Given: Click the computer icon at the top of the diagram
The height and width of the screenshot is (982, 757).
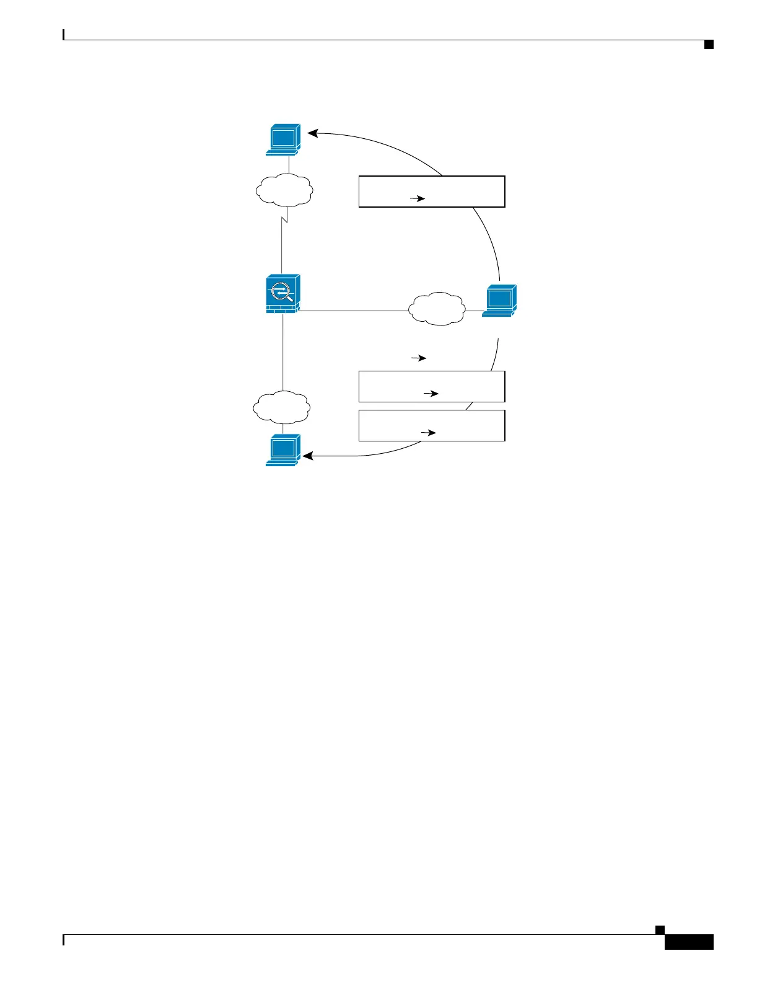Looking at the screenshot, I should point(283,139).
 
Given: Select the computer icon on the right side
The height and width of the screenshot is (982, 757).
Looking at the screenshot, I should point(499,301).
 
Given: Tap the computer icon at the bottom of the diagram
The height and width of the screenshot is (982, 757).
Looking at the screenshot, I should point(283,450).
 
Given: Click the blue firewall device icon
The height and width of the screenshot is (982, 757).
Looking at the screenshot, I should point(282,294).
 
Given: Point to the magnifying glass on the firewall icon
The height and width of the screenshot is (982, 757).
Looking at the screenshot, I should point(281,291).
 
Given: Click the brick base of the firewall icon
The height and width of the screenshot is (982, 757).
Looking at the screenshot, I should point(282,308).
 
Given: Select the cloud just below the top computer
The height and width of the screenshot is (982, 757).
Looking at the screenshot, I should point(283,189).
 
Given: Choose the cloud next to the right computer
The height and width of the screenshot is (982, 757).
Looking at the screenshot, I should point(437,309).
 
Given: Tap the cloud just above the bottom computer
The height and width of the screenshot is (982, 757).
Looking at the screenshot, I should point(281,407).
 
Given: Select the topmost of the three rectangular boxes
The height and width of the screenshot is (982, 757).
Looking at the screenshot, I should point(432,192).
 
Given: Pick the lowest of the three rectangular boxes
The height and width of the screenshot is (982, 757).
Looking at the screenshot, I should point(432,425).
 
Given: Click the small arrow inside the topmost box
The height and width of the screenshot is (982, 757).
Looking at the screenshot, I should point(418,199).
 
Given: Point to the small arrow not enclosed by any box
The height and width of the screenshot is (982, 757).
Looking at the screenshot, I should point(419,358).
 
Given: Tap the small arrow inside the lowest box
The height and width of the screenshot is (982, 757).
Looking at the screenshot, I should point(429,433).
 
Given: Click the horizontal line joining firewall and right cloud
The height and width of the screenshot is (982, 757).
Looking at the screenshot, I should point(353,311).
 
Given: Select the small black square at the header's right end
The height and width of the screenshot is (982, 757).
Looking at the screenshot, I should point(709,44).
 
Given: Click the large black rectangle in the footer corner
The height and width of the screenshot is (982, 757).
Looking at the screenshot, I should point(689,942).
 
